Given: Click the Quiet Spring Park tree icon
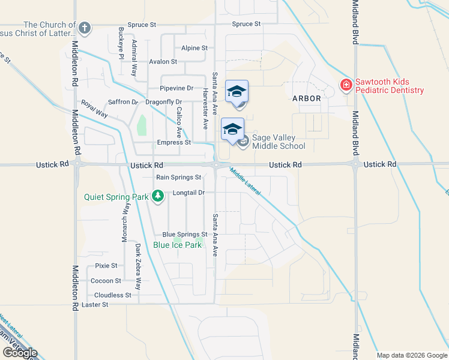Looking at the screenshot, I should click(158, 196).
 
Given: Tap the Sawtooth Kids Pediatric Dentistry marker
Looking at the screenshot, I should click(346, 86).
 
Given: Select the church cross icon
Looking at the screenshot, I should click(85, 28).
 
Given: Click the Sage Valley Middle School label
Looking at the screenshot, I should click(279, 142).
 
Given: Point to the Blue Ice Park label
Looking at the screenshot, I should click(177, 245).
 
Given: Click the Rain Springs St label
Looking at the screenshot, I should click(178, 177).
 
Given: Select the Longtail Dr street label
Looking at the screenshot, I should click(189, 193).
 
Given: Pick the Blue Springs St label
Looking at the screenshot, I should click(185, 235).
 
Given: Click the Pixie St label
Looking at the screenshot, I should click(106, 265).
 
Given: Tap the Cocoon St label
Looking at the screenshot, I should click(106, 280).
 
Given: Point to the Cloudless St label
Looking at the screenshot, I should click(113, 295).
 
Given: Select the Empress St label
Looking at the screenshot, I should click(173, 142).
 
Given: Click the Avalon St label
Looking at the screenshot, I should click(163, 61).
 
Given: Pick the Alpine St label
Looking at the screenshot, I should click(194, 47).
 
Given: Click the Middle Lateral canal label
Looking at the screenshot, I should click(245, 181).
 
